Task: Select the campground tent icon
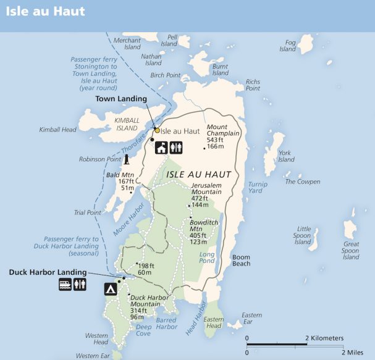point(111,288)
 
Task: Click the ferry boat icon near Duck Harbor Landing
point(65,285)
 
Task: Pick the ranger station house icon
point(161,148)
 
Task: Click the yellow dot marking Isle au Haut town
point(157,130)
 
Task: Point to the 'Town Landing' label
point(121,99)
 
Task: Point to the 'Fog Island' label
point(288,46)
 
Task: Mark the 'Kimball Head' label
point(57,130)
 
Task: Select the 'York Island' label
point(286,156)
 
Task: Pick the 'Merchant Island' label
point(128,43)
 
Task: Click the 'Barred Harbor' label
point(167,323)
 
